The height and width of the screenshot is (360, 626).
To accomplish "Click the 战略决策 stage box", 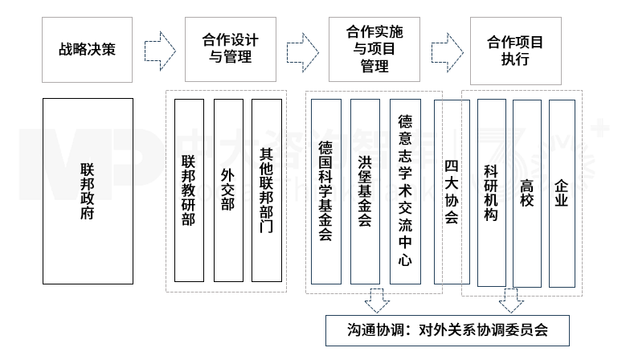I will tap(87, 49).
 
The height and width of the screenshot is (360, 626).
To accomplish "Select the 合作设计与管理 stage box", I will tap(230, 49).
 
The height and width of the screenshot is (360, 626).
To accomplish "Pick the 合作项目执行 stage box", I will tap(515, 49).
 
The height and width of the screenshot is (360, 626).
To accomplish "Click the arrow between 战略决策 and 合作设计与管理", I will tap(158, 50).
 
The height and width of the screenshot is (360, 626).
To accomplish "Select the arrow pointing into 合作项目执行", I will tap(445, 50).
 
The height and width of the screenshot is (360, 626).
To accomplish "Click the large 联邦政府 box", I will tap(87, 191).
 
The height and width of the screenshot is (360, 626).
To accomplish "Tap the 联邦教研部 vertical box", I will tap(189, 191).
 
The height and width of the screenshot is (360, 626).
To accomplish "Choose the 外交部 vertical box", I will tap(228, 191).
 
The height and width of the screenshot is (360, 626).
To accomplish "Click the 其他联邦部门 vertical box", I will tap(267, 191).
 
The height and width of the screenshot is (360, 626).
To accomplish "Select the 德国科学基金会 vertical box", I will tap(326, 191).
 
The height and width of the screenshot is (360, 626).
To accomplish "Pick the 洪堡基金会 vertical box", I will tap(365, 191).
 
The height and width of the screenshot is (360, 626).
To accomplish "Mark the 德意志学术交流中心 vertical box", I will tap(405, 191).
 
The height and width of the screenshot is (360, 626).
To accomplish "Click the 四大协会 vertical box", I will tap(451, 191).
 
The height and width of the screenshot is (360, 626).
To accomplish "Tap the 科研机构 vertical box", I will tap(491, 191).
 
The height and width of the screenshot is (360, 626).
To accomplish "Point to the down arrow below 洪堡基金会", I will tap(376, 301).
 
